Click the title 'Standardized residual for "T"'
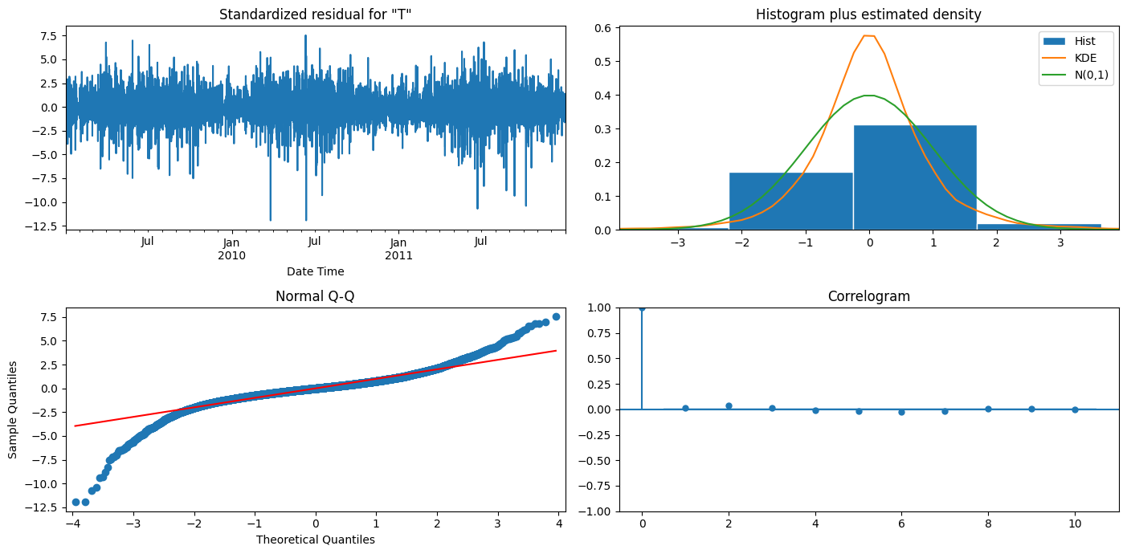pos(315,14)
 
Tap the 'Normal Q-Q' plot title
pos(315,296)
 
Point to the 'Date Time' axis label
pos(315,271)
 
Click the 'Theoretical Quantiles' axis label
pos(315,540)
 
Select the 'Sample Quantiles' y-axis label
pos(13,409)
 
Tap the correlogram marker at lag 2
pos(729,405)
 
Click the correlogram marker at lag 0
pos(642,308)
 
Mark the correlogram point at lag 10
pos(1075,409)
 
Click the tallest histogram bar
pos(915,177)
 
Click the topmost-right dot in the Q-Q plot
pos(556,317)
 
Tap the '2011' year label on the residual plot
pos(398,256)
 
